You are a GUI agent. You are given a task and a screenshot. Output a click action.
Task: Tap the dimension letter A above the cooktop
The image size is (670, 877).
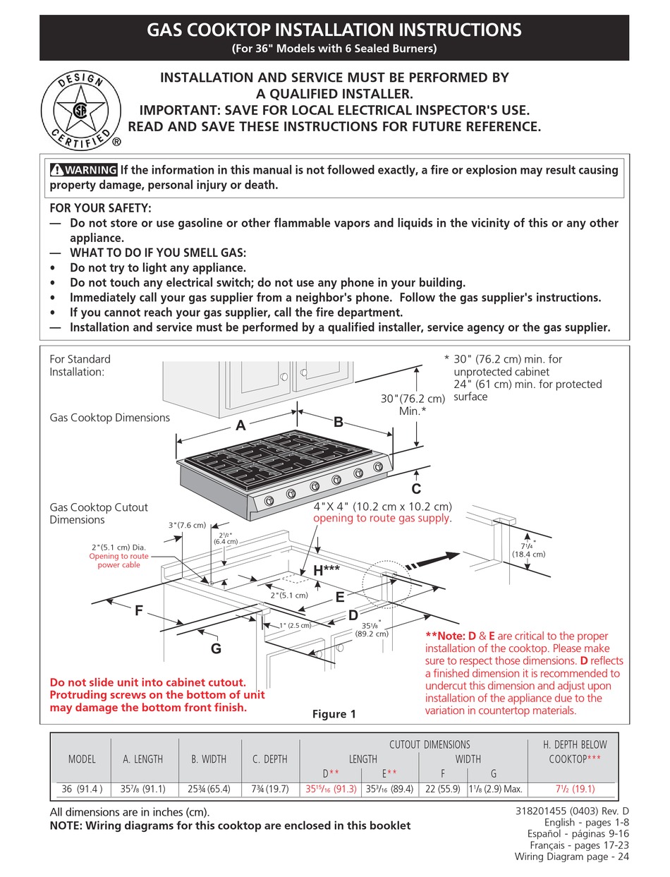241,425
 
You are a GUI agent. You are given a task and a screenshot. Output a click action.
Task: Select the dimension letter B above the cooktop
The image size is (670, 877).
338,423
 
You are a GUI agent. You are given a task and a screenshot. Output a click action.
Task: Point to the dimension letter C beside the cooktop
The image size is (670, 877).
416,488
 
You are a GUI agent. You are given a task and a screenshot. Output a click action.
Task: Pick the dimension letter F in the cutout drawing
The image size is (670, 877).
139,612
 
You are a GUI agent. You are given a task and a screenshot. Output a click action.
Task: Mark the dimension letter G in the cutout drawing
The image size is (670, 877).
216,648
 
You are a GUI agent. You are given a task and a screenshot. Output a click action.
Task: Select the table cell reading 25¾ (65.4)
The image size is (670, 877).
209,790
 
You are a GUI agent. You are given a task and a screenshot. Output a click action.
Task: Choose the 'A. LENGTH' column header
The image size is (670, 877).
143,759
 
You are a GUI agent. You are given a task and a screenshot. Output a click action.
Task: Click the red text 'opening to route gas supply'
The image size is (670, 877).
382,519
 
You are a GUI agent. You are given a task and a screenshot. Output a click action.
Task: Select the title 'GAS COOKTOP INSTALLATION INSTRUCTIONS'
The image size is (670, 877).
334,30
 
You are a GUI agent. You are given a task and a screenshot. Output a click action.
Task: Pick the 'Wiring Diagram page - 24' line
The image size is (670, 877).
572,857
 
